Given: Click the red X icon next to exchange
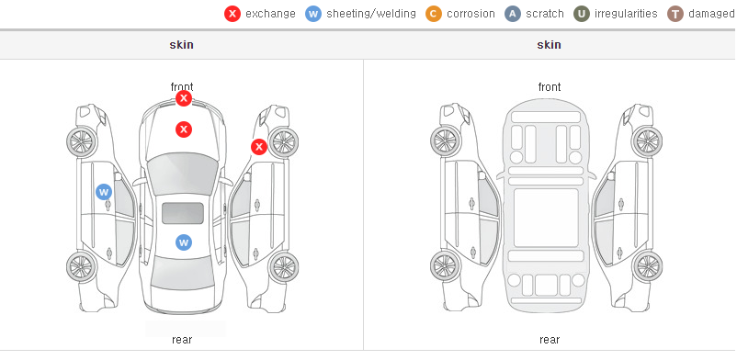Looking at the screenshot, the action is (232, 14).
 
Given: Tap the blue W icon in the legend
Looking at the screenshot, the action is (313, 14).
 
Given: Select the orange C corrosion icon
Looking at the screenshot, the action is (434, 14).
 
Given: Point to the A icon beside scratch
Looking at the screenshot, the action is (513, 14).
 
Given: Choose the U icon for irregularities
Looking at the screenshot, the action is (582, 14).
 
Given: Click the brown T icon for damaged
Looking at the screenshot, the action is (675, 14).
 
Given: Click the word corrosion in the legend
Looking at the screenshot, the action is (471, 14).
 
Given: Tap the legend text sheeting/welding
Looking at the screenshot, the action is (371, 14).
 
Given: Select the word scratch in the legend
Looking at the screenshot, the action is (545, 14).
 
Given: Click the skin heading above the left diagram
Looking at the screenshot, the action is (181, 45).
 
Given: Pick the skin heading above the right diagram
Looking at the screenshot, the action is (549, 45).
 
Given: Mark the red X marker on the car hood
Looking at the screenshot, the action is (184, 129).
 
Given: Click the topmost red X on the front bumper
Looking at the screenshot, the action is (184, 98).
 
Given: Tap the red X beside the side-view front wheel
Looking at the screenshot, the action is (258, 147).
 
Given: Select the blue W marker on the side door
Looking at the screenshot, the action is (104, 192).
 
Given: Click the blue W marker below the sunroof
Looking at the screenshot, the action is (184, 242).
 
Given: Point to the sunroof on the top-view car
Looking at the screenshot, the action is (183, 213).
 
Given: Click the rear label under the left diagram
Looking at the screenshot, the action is (182, 340).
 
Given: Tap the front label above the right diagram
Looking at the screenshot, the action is (550, 87).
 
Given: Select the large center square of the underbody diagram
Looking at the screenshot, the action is (546, 218).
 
